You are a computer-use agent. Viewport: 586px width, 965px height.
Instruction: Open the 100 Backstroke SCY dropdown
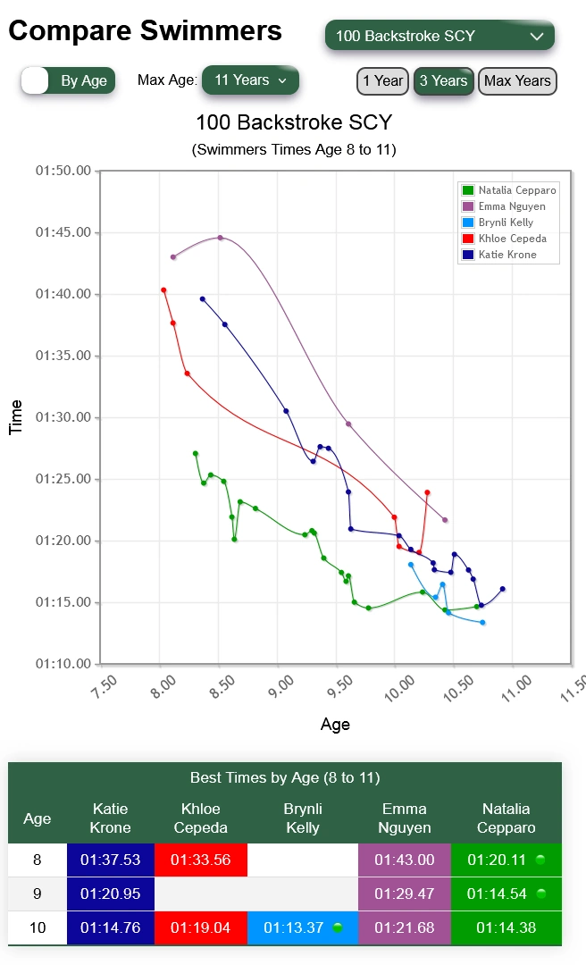click(439, 37)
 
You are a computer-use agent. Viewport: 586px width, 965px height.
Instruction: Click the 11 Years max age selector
click(250, 80)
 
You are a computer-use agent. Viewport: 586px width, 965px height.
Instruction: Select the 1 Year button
click(382, 80)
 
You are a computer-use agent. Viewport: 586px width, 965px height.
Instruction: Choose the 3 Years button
click(443, 80)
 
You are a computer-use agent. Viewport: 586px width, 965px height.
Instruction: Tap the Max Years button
click(517, 80)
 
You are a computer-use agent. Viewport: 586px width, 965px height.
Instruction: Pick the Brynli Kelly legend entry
click(505, 222)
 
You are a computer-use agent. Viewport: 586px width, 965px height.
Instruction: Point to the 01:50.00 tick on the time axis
click(63, 171)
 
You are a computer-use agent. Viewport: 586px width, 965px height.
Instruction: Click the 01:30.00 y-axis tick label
click(63, 417)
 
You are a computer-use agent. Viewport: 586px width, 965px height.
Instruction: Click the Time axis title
click(16, 417)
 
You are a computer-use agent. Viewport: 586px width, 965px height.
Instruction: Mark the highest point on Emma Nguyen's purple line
click(221, 238)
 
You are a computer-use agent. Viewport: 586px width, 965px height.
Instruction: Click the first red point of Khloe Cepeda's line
click(163, 289)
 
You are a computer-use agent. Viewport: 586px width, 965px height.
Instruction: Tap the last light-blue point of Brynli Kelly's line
click(482, 623)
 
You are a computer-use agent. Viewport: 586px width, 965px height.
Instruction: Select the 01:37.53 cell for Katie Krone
click(111, 860)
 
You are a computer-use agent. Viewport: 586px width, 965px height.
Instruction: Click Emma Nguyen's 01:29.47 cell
click(404, 894)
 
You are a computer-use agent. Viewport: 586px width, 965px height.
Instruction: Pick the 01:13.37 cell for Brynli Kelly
click(303, 927)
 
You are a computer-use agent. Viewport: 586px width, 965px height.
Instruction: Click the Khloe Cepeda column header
click(201, 818)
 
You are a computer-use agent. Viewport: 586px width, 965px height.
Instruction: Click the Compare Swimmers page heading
click(146, 32)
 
